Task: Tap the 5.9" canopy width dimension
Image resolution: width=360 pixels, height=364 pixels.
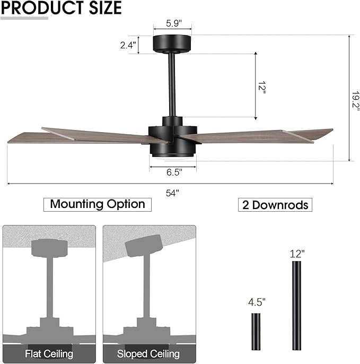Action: click(172, 24)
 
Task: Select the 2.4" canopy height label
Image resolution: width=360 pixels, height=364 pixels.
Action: click(128, 46)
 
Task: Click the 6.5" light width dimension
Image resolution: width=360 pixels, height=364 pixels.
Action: click(173, 172)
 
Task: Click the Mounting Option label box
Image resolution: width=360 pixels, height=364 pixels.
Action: click(98, 204)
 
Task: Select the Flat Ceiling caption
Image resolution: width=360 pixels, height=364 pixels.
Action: click(49, 353)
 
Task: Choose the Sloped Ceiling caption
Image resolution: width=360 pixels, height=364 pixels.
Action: click(148, 353)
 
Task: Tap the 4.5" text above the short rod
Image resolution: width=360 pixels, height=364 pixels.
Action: click(257, 302)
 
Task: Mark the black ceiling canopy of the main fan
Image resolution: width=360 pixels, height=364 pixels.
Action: click(172, 44)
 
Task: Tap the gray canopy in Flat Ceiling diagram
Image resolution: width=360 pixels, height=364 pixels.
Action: click(49, 247)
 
